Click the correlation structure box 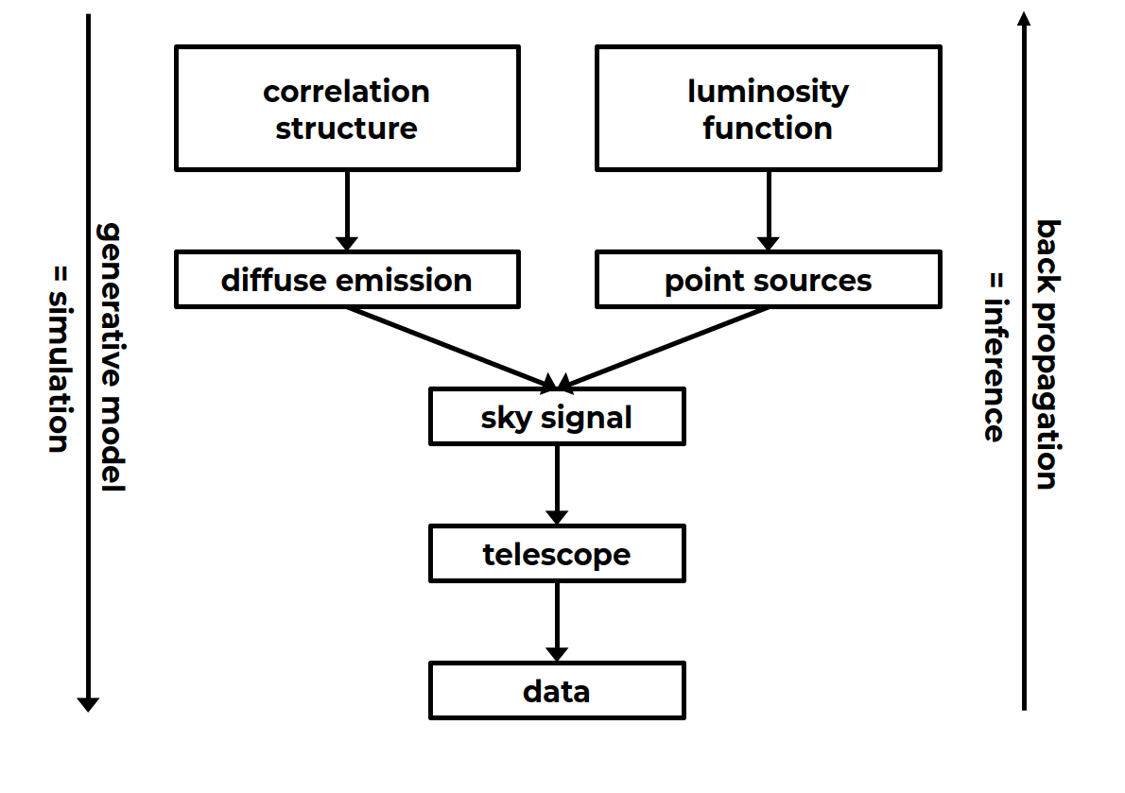[x=346, y=109]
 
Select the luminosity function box [x=768, y=109]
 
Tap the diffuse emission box [x=346, y=280]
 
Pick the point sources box [x=768, y=280]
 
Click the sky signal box [x=556, y=417]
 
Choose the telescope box [x=556, y=554]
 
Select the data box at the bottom [x=556, y=691]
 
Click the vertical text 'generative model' [x=112, y=357]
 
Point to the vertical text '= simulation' [x=59, y=357]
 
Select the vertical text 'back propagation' [x=1047, y=354]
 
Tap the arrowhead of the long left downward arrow [x=88, y=703]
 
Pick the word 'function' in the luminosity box [x=768, y=128]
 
